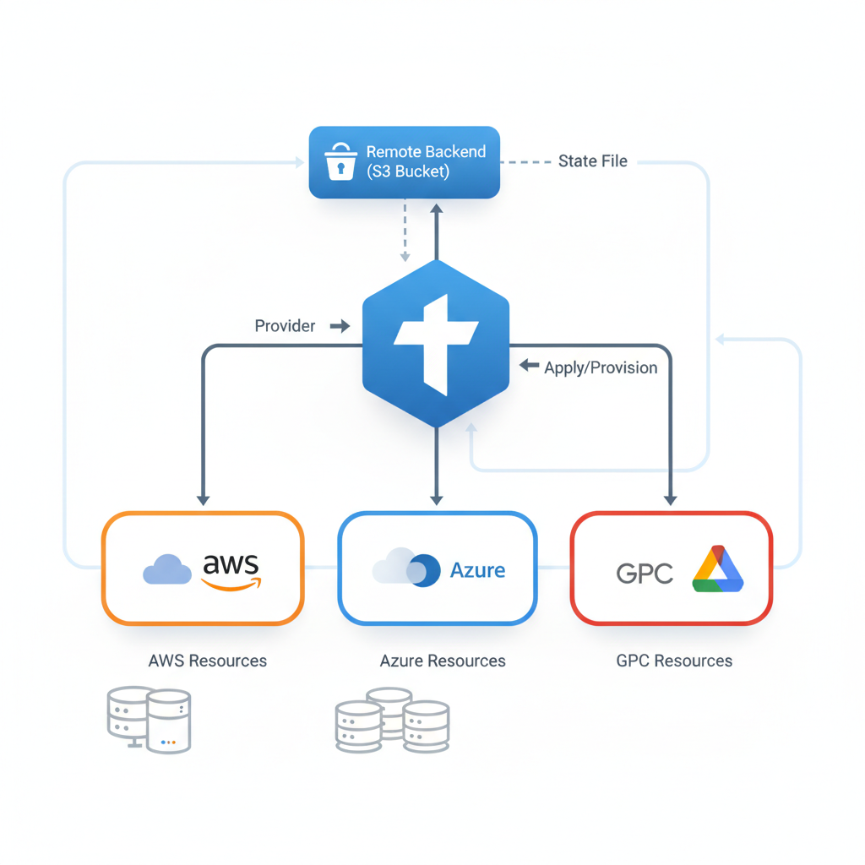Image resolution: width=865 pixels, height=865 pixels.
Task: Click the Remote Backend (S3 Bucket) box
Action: click(x=404, y=162)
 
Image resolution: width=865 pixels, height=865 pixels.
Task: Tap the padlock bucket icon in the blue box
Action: click(x=340, y=160)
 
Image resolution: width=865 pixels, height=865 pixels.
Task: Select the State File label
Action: click(x=592, y=160)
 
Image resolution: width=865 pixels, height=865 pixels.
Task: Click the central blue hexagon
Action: click(x=435, y=342)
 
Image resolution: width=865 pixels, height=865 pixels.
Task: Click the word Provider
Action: click(x=285, y=325)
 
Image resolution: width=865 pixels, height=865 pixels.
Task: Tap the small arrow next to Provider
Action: click(x=340, y=325)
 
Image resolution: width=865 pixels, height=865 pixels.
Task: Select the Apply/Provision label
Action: click(x=601, y=367)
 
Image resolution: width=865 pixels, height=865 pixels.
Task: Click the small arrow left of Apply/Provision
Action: click(x=529, y=365)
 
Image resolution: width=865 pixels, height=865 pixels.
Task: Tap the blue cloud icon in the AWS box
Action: click(x=166, y=570)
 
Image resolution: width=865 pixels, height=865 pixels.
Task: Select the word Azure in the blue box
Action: click(x=477, y=570)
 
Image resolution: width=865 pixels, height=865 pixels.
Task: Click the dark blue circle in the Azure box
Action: click(x=425, y=571)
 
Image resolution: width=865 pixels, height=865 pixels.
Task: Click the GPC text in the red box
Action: click(x=645, y=574)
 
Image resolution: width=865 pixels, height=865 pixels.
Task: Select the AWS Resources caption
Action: click(x=207, y=661)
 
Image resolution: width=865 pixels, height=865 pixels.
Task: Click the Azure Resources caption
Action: click(x=443, y=661)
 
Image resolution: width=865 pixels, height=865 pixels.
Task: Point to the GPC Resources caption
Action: click(x=674, y=661)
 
